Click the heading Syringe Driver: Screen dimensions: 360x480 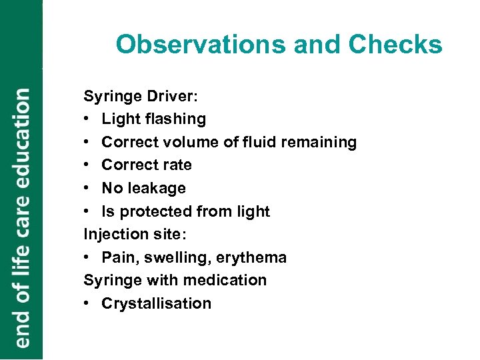pos(140,96)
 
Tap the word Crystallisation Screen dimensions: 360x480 pos(156,303)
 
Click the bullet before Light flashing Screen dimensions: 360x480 pos(87,119)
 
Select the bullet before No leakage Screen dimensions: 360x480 pos(87,188)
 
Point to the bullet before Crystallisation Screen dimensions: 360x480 pos(87,303)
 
